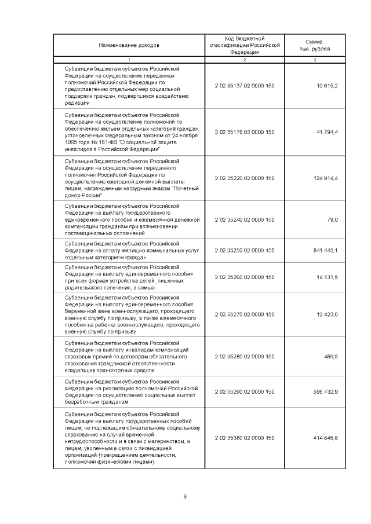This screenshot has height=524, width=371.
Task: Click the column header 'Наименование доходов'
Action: tap(129, 45)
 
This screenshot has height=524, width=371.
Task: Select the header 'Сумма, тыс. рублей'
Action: tap(315, 45)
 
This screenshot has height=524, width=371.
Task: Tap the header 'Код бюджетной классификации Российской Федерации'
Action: tap(244, 45)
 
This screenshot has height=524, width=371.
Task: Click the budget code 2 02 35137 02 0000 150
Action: tap(244, 86)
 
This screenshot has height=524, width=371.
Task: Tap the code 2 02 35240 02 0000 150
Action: tap(244, 219)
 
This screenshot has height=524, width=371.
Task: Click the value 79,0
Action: tap(332, 219)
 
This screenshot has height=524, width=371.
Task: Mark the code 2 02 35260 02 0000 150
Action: tap(244, 277)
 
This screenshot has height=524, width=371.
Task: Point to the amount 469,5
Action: tap(331, 357)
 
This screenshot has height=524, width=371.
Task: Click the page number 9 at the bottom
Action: tap(185, 496)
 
